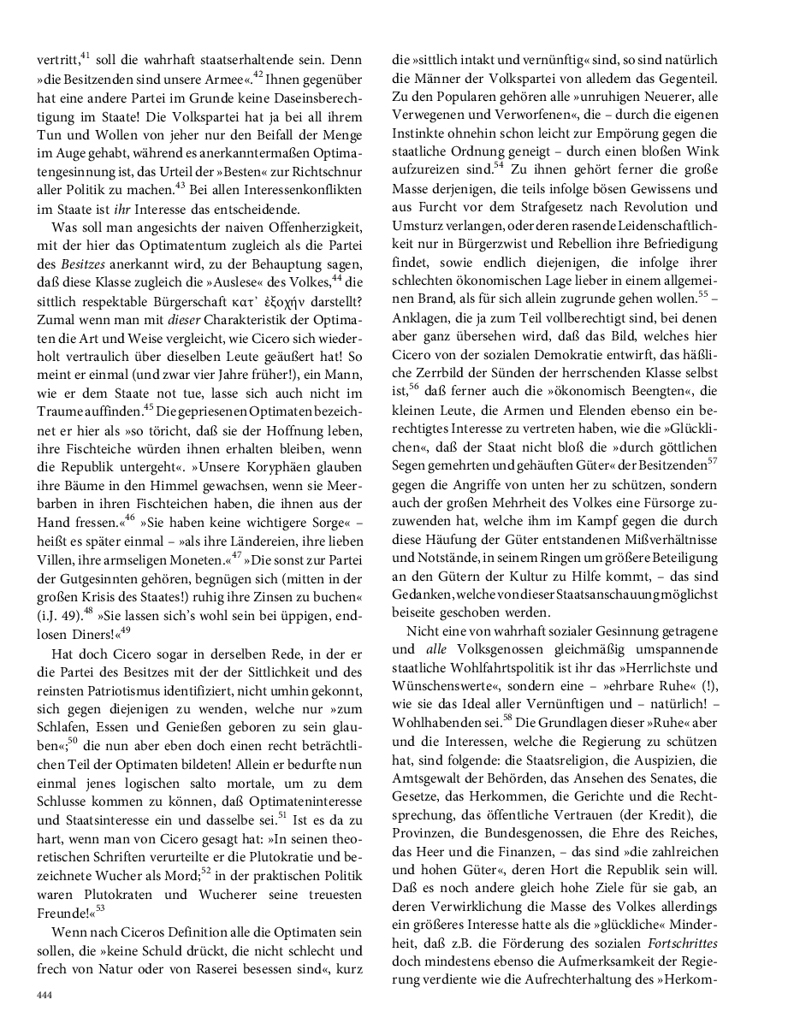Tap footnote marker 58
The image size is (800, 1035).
[507, 717]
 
